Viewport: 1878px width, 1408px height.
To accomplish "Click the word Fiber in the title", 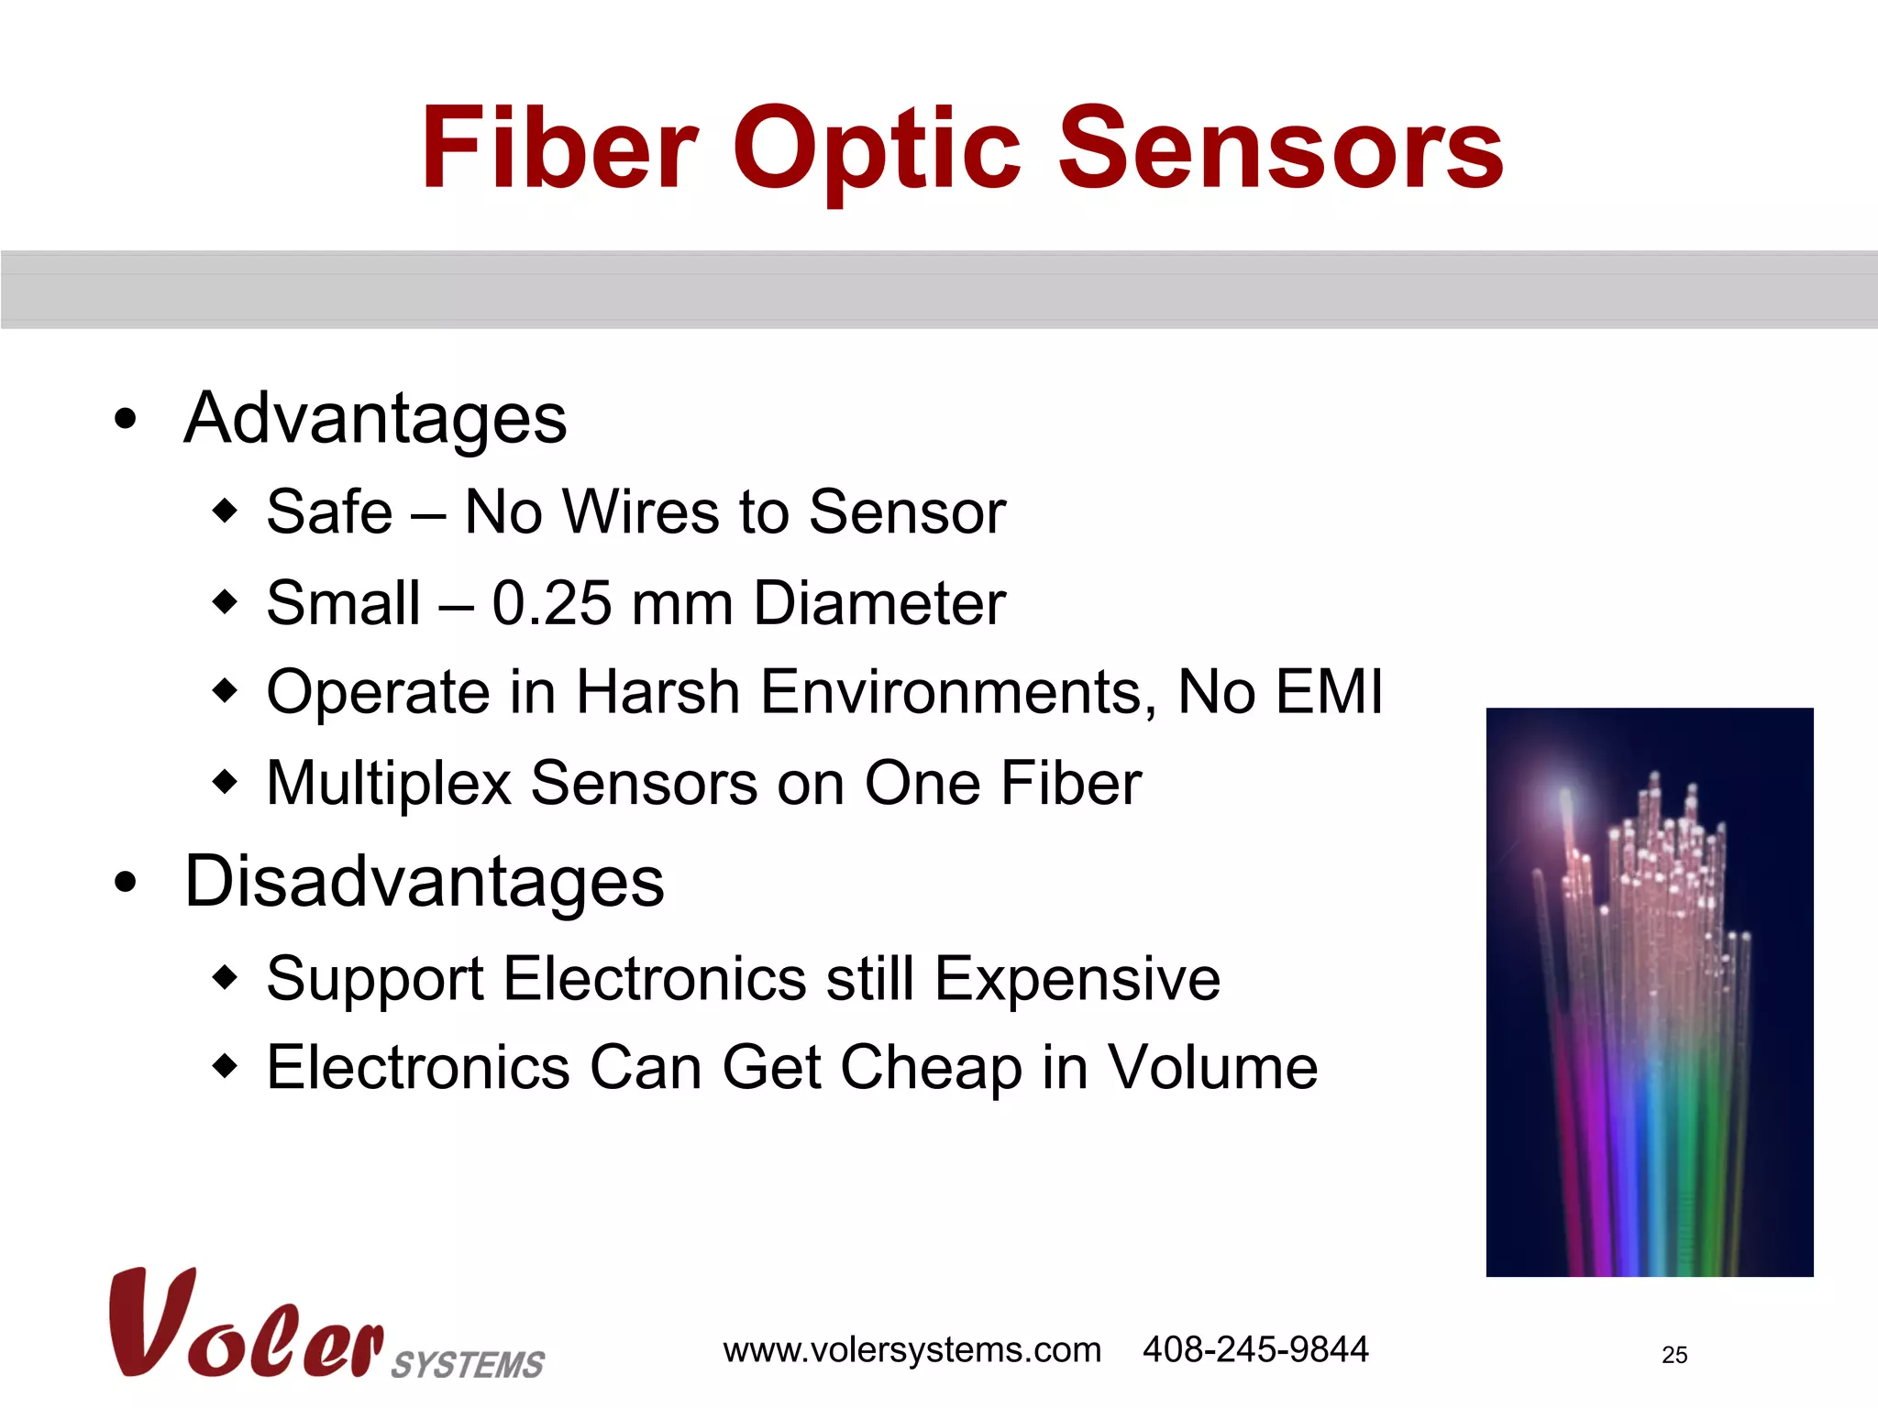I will [560, 148].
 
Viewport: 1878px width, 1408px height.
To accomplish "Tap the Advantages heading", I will [375, 419].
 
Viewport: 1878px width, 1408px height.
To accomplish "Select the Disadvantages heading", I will [424, 882].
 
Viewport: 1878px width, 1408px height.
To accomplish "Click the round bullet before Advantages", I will [126, 420].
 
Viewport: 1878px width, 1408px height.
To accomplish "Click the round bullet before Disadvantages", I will [126, 883].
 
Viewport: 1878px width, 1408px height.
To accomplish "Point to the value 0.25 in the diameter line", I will [551, 604].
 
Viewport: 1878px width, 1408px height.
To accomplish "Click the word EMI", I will [1329, 692].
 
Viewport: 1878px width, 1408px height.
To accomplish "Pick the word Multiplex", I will [389, 784].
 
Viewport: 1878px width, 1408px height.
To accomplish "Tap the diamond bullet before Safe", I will [225, 511].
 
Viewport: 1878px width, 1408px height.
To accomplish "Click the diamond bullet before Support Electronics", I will [225, 978].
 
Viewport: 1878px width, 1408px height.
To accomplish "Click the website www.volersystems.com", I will [911, 1350].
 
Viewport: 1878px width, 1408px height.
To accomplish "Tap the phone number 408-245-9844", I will [1254, 1349].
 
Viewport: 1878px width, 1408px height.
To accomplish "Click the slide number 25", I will [1674, 1355].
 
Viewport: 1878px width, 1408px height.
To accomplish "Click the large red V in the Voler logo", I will [147, 1320].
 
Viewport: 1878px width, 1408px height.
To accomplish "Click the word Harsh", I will [657, 692].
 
